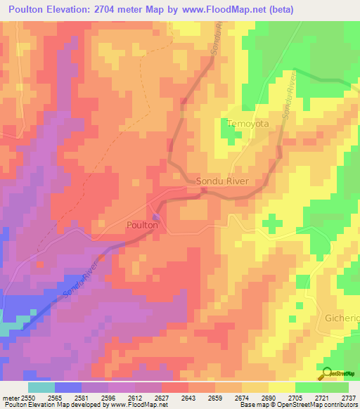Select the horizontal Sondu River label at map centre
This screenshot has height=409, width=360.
pos(223,181)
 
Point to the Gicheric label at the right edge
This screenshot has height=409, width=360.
pos(342,318)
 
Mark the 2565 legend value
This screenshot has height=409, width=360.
pos(56,398)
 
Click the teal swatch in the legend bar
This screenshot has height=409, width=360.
pos(41,387)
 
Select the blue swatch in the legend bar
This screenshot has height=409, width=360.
pos(67,387)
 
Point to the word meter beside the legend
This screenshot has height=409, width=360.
pos(10,398)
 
